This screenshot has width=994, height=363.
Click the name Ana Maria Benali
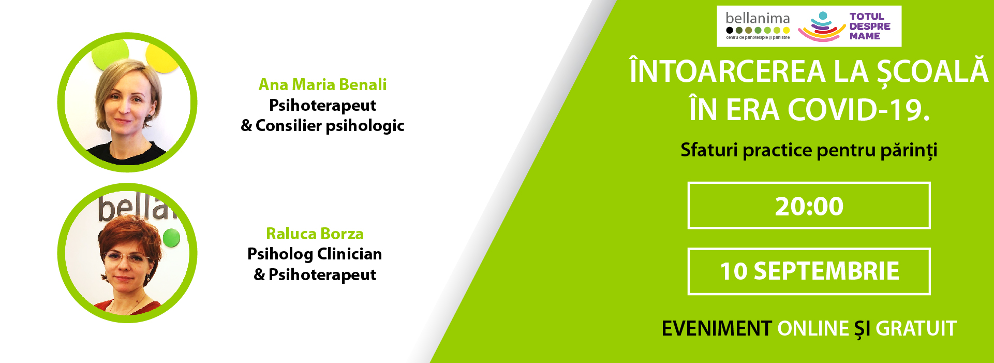tap(322, 84)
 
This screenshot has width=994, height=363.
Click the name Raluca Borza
tap(315, 234)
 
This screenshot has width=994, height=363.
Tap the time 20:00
tap(809, 206)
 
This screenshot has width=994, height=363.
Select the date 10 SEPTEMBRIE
tap(809, 271)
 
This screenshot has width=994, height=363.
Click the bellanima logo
tap(758, 26)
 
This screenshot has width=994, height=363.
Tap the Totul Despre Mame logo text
tap(870, 26)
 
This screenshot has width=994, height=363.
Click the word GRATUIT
tap(916, 328)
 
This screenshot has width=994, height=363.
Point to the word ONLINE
tap(813, 328)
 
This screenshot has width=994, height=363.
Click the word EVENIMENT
tap(717, 328)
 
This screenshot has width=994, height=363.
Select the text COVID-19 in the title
tap(858, 110)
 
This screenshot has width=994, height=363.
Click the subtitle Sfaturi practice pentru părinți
tap(809, 151)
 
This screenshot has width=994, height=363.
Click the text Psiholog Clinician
tap(315, 254)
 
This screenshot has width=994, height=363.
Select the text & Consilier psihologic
tap(322, 126)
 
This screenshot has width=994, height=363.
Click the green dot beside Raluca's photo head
tap(171, 238)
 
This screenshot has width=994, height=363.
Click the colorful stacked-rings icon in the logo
tap(822, 27)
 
